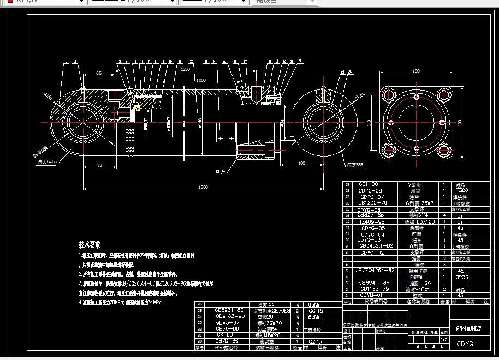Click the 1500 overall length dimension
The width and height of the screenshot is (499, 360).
click(203, 187)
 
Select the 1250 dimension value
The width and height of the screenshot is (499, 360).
click(186, 70)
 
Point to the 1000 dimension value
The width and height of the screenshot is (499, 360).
click(201, 80)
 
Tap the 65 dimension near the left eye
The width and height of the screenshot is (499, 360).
click(99, 73)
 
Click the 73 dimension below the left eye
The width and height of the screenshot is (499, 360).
click(99, 164)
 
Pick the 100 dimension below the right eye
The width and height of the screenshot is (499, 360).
click(301, 163)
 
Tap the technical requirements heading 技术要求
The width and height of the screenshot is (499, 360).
click(90, 245)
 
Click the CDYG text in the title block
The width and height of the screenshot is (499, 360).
click(465, 344)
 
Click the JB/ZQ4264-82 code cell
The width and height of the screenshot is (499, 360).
click(375, 271)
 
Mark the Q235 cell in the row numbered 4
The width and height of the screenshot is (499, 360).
click(460, 277)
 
